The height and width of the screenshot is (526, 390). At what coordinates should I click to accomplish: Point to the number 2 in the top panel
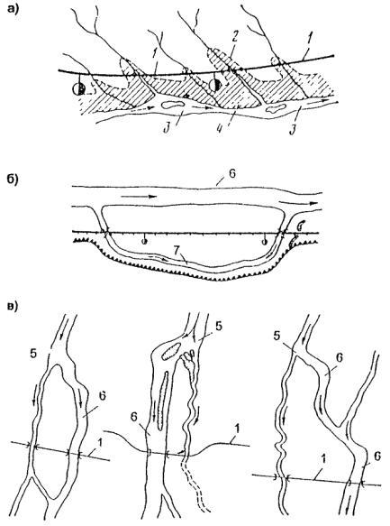(x=235, y=37)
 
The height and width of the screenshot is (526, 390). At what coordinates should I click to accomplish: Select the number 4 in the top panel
(x=220, y=128)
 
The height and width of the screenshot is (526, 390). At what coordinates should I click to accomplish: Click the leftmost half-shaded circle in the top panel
(x=79, y=89)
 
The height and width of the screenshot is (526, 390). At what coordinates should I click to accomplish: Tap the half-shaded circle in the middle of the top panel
(x=215, y=85)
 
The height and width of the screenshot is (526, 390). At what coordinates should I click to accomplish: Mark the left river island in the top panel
(x=172, y=105)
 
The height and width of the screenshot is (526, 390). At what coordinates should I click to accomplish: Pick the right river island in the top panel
(x=277, y=107)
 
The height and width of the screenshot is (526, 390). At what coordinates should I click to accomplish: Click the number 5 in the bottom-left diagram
(x=33, y=354)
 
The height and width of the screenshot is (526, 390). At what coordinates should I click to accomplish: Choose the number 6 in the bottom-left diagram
(x=103, y=395)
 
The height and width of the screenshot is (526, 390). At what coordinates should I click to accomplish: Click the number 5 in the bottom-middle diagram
(x=219, y=328)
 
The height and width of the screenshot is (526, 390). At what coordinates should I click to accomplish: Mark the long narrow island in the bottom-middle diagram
(x=162, y=401)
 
